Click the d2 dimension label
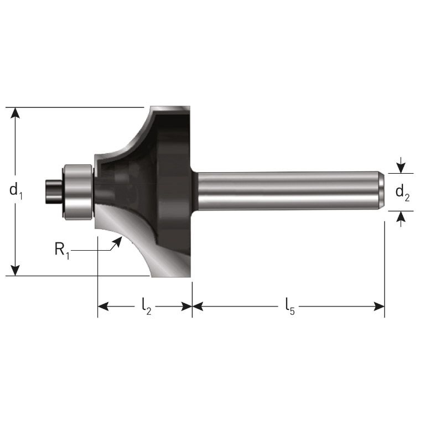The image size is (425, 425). [402, 193]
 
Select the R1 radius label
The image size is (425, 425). [62, 250]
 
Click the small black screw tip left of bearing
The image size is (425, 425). [53, 191]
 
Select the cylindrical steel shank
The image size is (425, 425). [288, 191]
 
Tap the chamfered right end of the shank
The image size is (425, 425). [381, 191]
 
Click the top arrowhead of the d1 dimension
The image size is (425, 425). [16, 113]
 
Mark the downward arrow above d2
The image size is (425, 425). [402, 167]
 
